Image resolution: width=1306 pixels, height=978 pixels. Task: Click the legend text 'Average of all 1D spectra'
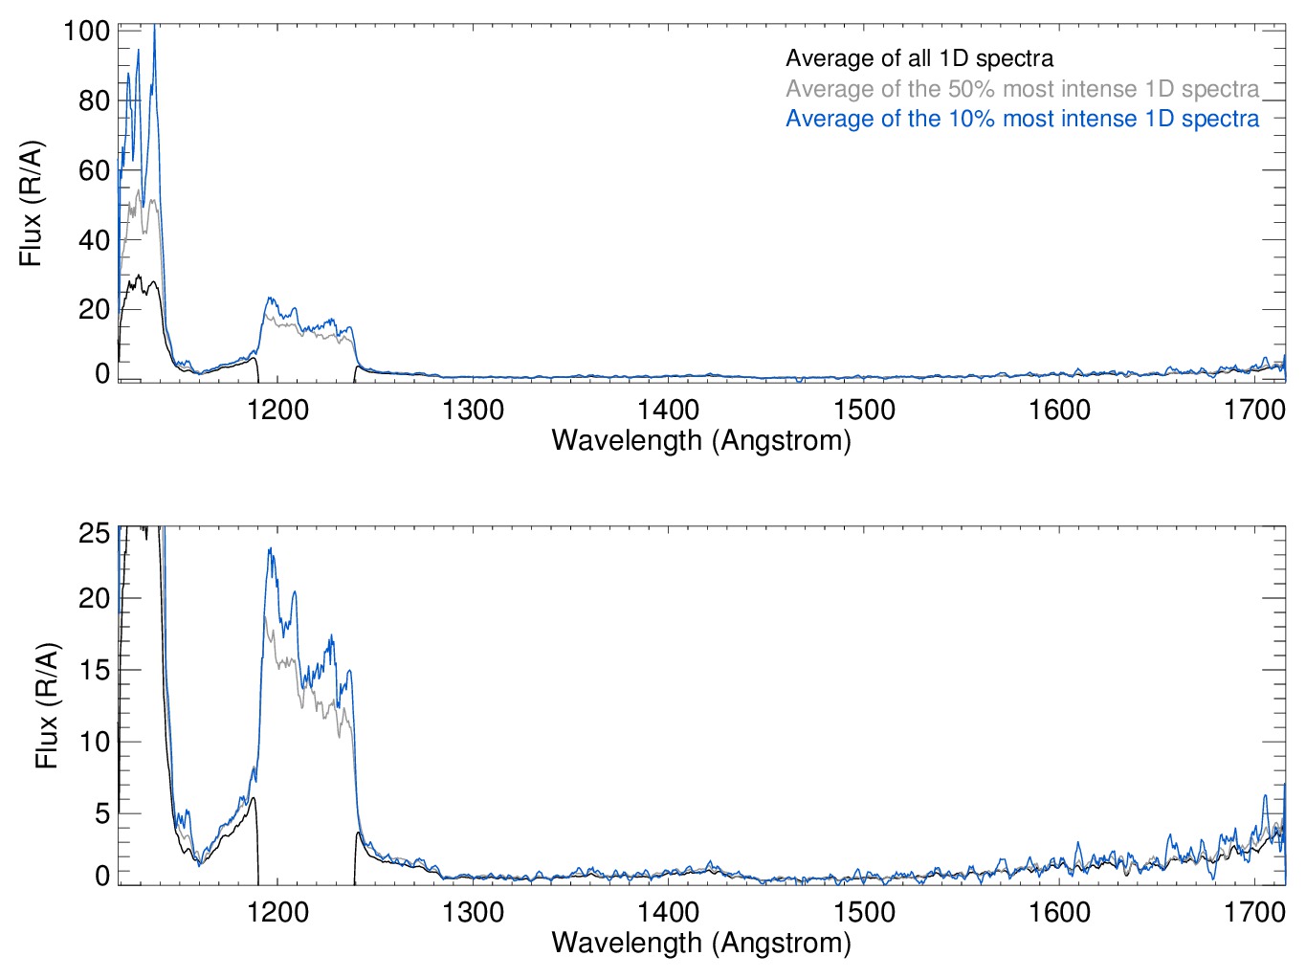click(x=919, y=58)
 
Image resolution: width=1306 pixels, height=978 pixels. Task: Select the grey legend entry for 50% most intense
click(x=1022, y=89)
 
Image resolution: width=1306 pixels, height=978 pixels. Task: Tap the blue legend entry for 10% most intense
click(x=1022, y=119)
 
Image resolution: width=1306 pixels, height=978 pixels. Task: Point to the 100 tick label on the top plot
click(x=86, y=31)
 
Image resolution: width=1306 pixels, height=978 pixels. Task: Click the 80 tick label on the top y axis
click(x=94, y=100)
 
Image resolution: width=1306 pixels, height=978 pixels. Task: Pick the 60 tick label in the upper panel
click(x=94, y=170)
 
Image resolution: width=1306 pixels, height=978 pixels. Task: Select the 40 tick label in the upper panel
click(x=94, y=240)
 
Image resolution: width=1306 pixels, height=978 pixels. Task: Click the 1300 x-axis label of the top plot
click(x=473, y=411)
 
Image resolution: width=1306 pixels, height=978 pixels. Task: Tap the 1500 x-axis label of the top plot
click(x=864, y=411)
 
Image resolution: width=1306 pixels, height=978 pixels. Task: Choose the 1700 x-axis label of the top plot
click(x=1254, y=411)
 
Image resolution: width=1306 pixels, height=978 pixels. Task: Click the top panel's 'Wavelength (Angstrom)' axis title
click(x=701, y=440)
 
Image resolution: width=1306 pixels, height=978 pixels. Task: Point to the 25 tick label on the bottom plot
click(x=94, y=533)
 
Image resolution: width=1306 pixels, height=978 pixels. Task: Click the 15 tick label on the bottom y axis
click(x=94, y=670)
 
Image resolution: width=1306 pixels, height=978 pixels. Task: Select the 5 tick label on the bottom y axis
click(x=101, y=813)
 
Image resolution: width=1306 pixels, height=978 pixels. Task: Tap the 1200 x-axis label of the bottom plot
click(x=277, y=912)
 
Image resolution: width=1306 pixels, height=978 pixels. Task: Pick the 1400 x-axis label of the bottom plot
click(x=668, y=912)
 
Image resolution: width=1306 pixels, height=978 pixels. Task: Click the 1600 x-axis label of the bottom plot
click(x=1059, y=912)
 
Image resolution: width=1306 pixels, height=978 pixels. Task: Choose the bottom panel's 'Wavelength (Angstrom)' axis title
click(x=701, y=943)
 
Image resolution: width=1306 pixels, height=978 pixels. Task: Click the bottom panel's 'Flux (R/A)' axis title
click(x=46, y=705)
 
